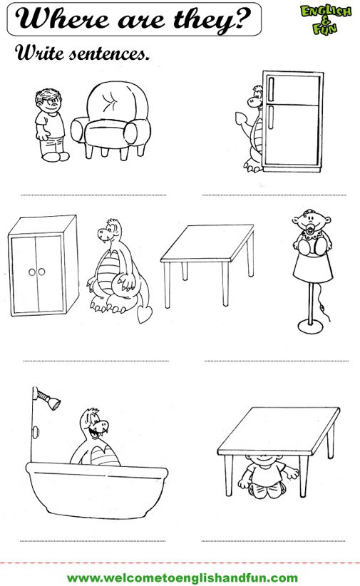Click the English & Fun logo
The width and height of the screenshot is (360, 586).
click(x=326, y=19)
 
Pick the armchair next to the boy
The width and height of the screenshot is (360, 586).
click(x=111, y=120)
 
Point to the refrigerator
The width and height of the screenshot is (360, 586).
click(x=293, y=121)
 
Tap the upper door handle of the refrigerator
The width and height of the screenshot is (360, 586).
click(x=271, y=89)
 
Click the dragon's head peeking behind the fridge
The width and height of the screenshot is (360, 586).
click(x=255, y=97)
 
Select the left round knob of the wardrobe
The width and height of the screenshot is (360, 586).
click(x=32, y=272)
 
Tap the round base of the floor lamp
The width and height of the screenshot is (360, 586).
click(x=310, y=327)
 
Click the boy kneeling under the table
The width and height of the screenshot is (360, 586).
click(x=267, y=476)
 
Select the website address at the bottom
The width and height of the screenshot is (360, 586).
click(x=182, y=577)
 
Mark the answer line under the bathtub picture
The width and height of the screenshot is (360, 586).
click(x=93, y=541)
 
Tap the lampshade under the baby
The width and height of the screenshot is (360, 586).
click(x=312, y=267)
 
